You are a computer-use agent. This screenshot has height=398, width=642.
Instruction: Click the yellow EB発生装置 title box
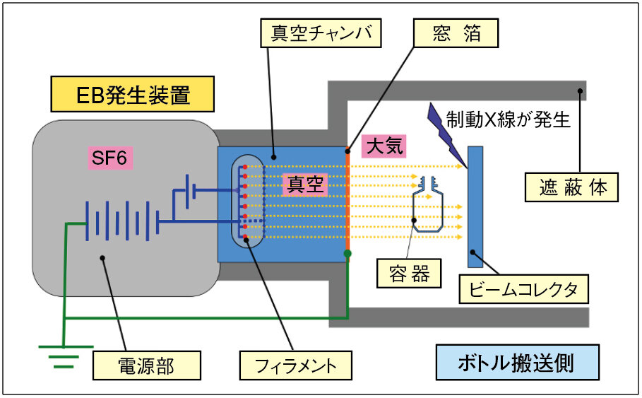point(132,94)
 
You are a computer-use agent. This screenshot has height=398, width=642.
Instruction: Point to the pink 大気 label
point(384,146)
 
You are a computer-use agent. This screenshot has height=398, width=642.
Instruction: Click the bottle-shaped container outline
point(429,206)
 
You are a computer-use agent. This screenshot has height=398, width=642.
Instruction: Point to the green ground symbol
point(64,356)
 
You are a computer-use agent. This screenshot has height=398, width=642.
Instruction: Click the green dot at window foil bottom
point(347,253)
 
